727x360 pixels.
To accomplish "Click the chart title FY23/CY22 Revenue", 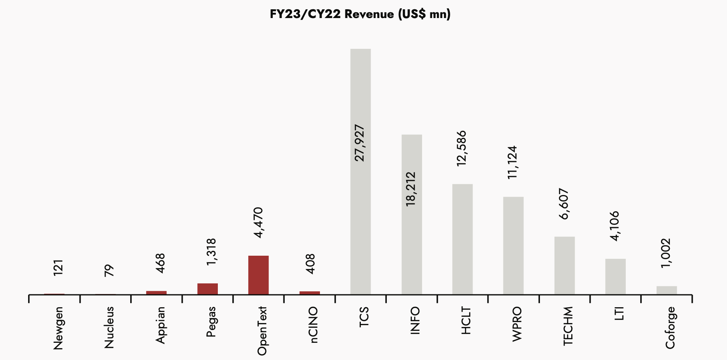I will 360,14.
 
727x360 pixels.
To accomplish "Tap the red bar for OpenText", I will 258,275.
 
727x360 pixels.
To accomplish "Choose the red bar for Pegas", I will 207,289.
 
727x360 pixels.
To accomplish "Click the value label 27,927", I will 360,143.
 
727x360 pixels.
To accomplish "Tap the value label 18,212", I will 411,189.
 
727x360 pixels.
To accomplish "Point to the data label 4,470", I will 258,223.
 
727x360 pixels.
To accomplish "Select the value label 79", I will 109,270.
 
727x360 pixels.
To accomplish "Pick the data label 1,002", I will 666,253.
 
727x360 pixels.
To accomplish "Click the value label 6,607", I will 564,204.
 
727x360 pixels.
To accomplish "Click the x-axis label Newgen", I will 58,328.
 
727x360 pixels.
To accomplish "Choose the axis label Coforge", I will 670,328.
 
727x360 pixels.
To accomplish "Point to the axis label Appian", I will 160,325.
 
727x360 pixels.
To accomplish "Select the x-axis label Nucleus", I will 109,327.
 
